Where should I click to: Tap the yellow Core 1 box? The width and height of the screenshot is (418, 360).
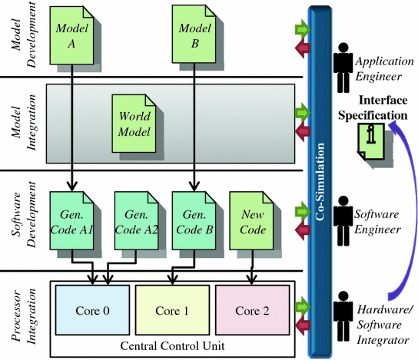(171, 310)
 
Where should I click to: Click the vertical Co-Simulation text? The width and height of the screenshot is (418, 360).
(318, 181)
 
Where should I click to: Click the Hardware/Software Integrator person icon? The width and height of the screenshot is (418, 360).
(342, 314)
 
